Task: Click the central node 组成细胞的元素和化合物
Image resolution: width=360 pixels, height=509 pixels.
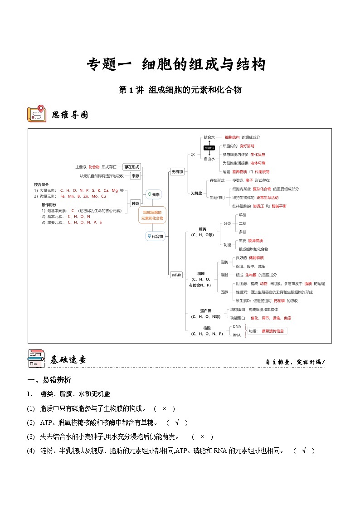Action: tap(152, 215)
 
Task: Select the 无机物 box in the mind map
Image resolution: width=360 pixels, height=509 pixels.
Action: tap(177, 172)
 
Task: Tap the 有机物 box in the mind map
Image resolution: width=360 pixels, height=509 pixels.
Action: tap(176, 275)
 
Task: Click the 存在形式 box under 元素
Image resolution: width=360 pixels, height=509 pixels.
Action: tap(131, 167)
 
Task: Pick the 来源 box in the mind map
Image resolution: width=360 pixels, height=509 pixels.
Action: tap(135, 176)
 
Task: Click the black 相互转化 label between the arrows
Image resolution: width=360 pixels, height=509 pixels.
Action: tap(209, 148)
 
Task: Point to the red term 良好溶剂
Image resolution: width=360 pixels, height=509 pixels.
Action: tap(247, 146)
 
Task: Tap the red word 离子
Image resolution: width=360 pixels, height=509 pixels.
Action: tap(249, 180)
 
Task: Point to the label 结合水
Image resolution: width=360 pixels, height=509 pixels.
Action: tap(209, 137)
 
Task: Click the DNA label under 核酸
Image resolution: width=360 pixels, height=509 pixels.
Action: tap(237, 326)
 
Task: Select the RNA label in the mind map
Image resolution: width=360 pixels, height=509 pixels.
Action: tap(237, 335)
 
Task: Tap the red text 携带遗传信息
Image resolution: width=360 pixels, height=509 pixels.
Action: tap(272, 331)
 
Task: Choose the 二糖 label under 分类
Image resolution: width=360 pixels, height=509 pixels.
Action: tap(243, 223)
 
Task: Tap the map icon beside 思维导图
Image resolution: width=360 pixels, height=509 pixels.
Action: tap(36, 114)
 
